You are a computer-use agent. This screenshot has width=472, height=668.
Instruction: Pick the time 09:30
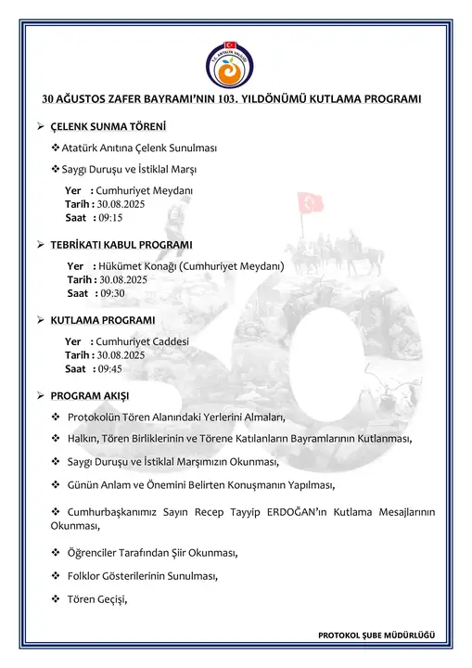pyautogui.click(x=110, y=293)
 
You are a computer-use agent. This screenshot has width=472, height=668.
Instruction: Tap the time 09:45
pyautogui.click(x=110, y=368)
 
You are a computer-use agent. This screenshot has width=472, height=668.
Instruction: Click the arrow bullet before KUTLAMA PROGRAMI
pyautogui.click(x=40, y=320)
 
